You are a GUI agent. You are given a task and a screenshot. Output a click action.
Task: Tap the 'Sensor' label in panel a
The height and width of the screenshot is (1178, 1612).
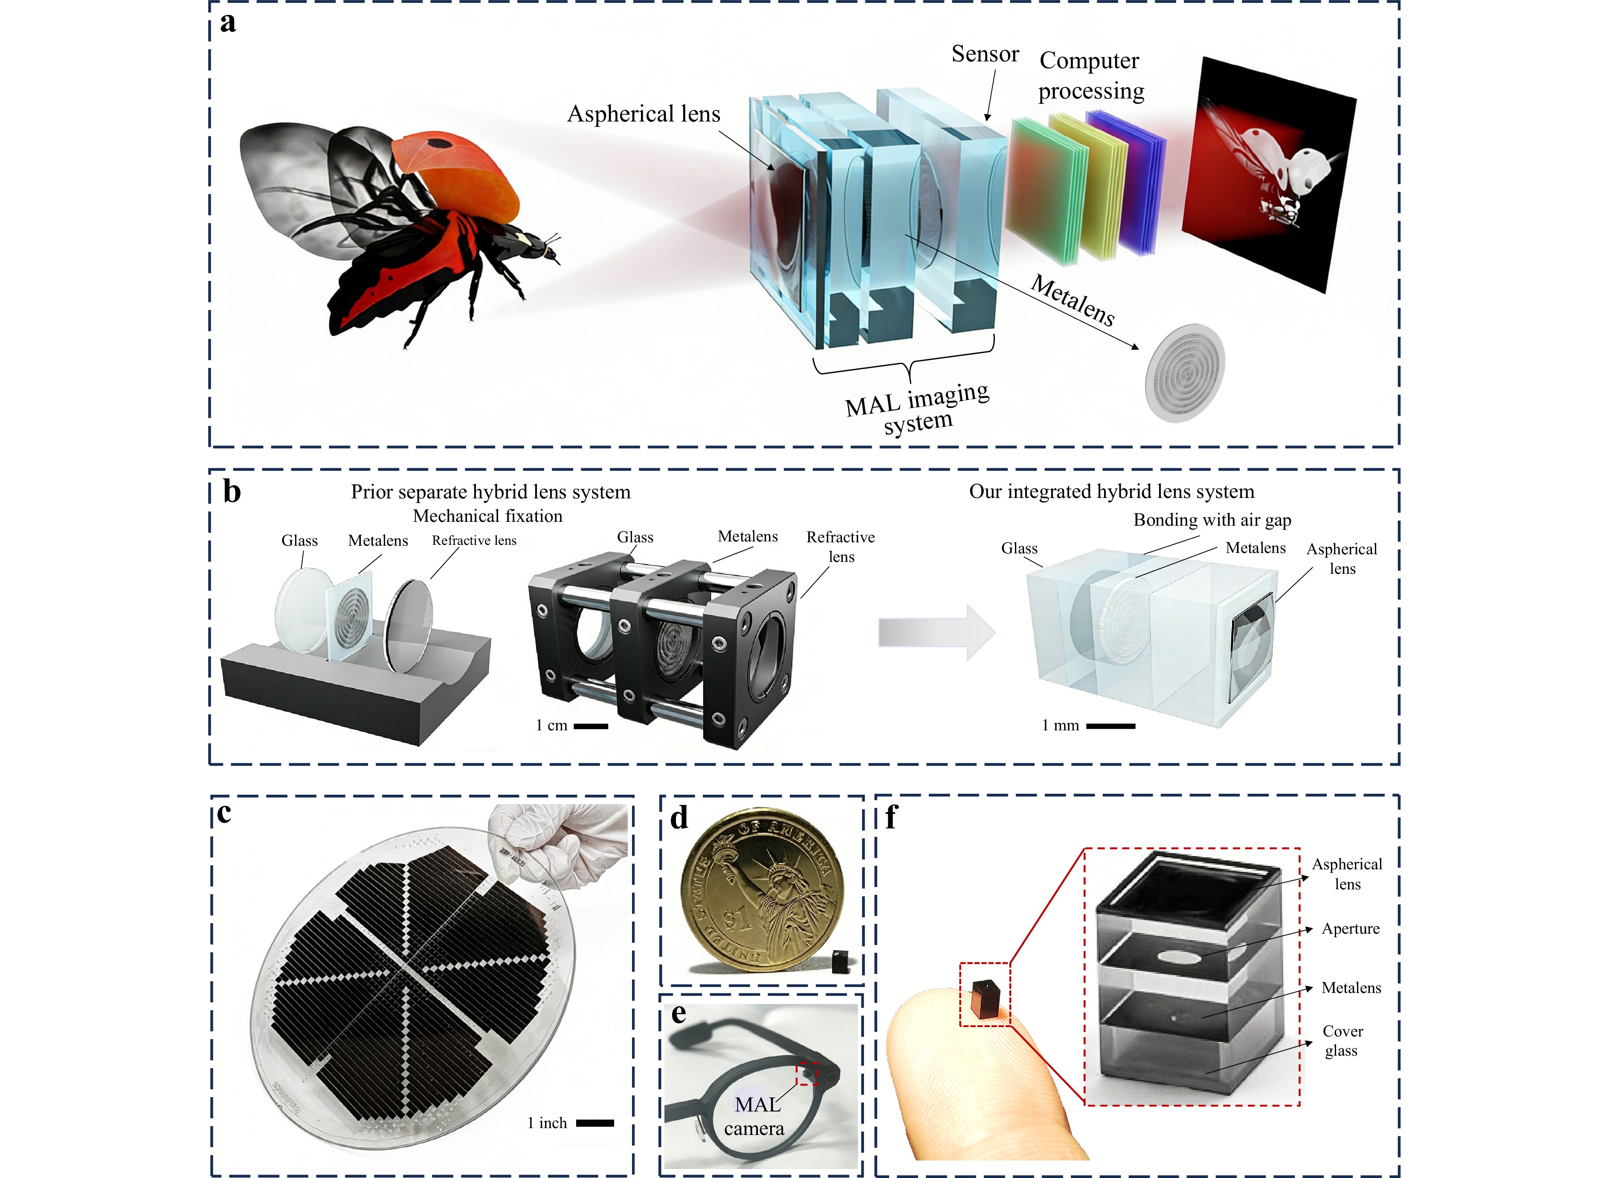(985, 54)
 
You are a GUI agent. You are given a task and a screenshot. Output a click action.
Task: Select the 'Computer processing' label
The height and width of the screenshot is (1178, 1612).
(1090, 75)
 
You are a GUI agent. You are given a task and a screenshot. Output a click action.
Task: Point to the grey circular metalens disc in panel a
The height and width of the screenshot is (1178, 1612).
(1184, 372)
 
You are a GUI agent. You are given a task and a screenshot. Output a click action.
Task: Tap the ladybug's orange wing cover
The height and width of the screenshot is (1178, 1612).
(456, 171)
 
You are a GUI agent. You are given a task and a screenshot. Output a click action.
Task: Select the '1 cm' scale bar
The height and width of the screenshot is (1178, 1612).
(591, 726)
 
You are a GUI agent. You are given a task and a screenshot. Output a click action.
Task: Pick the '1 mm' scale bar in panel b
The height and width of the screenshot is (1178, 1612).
(1110, 726)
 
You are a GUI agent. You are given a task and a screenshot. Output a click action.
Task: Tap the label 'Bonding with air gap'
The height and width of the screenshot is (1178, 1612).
(1212, 520)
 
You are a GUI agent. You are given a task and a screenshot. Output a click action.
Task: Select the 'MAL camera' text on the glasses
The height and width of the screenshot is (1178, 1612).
(755, 1117)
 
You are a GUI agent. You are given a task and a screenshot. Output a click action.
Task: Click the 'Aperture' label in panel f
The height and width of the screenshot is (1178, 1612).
(1350, 929)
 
